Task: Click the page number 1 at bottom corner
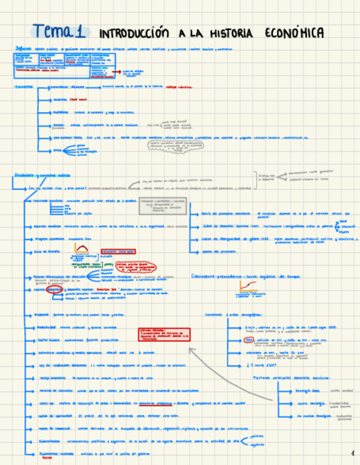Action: coord(352,453)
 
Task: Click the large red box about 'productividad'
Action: coord(165,334)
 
